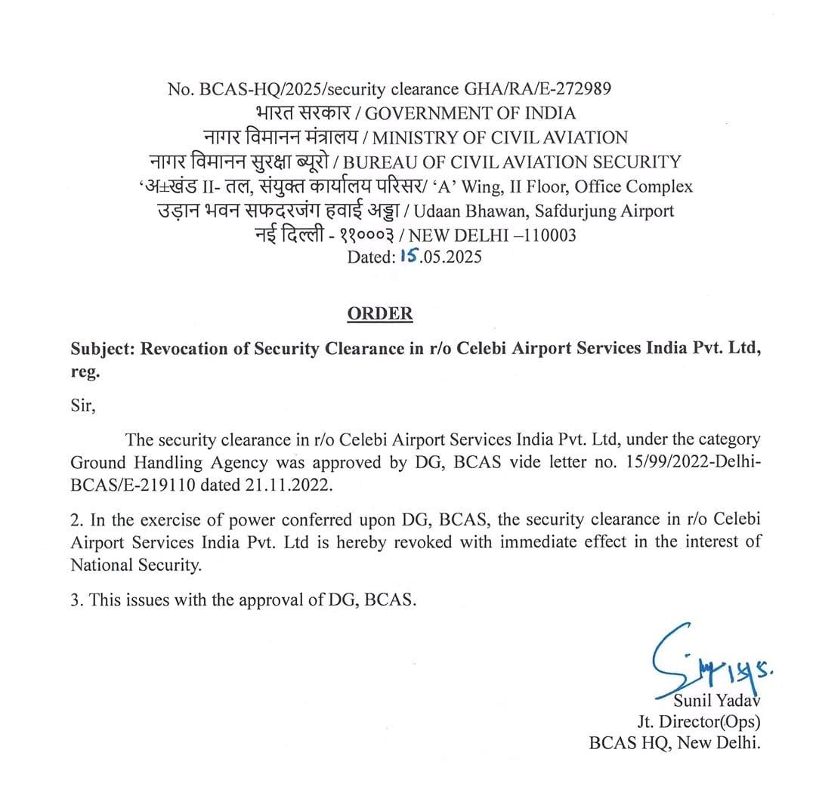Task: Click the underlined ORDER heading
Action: pos(380,314)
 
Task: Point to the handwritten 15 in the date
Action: pos(409,256)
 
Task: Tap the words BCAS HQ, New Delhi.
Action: pos(674,742)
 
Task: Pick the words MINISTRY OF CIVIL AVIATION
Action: pos(500,137)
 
